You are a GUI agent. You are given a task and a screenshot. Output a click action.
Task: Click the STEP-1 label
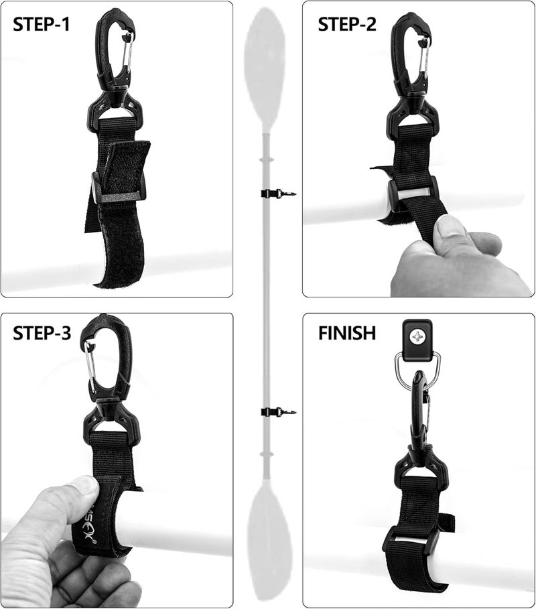coord(42,25)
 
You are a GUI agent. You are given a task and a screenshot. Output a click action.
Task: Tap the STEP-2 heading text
coord(347,25)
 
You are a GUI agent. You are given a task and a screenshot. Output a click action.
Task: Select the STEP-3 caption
coord(42,333)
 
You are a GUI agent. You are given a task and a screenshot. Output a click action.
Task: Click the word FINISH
coord(347,333)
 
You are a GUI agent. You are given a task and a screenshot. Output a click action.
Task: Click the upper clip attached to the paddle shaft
coord(277,194)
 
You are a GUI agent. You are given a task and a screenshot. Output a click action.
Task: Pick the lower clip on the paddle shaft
coord(277,411)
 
